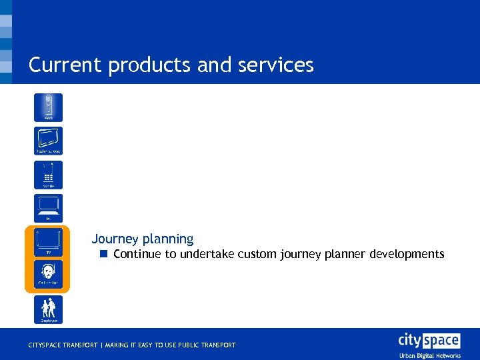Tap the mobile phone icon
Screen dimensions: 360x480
(48, 175)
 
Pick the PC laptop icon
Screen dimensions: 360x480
(48, 208)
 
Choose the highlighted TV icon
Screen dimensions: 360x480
(48, 242)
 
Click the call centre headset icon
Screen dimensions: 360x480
(48, 274)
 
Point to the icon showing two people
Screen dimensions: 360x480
(48, 309)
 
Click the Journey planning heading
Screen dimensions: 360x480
(143, 239)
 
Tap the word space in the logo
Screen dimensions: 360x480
(441, 341)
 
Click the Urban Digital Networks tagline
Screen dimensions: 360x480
(429, 355)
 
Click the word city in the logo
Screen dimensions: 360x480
(409, 340)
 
